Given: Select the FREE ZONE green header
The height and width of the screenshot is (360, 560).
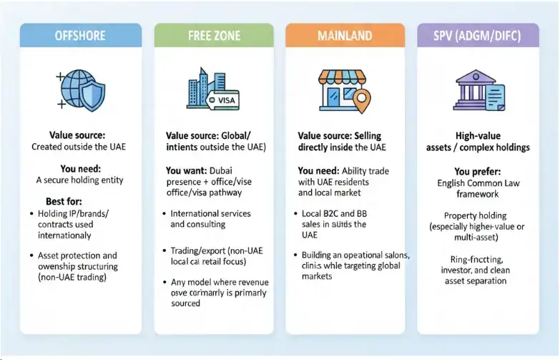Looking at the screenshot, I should click(x=214, y=35).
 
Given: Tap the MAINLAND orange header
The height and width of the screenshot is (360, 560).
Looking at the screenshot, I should click(x=345, y=35).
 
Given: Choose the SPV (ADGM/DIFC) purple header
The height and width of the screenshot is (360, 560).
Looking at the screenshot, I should click(x=478, y=35).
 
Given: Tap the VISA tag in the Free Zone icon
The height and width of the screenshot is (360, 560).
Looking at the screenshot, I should click(x=225, y=101).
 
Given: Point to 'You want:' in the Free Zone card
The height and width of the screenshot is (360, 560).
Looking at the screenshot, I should click(x=186, y=171).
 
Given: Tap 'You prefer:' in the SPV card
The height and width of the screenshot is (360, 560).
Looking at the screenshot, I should click(x=477, y=172).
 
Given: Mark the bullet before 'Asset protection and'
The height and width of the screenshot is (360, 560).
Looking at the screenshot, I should click(x=31, y=256).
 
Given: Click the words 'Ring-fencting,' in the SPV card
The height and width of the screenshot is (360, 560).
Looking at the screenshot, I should click(x=478, y=259).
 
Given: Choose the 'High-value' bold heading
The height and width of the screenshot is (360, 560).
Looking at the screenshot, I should click(x=478, y=136).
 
